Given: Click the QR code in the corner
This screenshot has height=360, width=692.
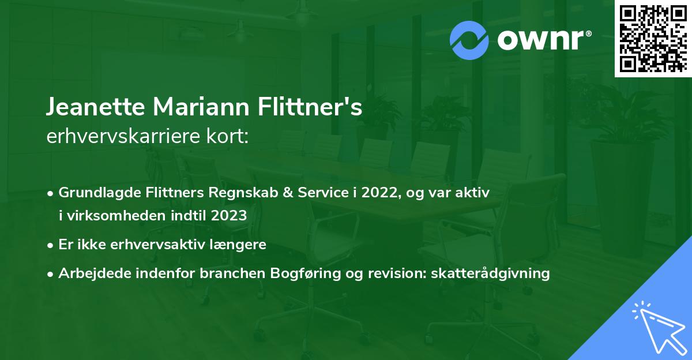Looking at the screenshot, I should click(653, 38).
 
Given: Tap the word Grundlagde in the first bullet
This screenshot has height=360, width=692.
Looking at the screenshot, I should click(96, 193).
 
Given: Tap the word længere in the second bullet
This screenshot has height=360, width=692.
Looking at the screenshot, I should click(238, 244).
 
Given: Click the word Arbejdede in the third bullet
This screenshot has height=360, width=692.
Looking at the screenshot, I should click(91, 273).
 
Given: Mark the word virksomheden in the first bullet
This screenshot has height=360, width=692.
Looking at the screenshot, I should click(111, 216).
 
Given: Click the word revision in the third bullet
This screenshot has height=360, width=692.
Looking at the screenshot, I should click(392, 273).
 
